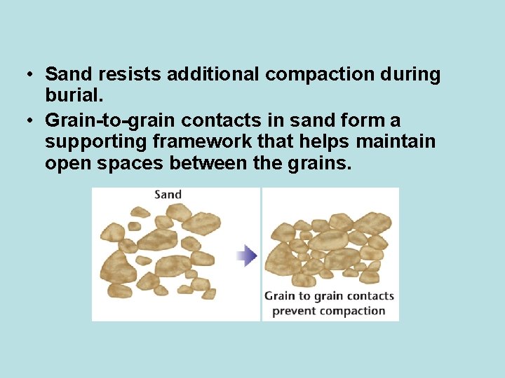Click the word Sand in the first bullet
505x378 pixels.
click(x=67, y=75)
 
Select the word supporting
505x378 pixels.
click(x=95, y=142)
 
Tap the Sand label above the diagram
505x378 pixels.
click(x=168, y=195)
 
